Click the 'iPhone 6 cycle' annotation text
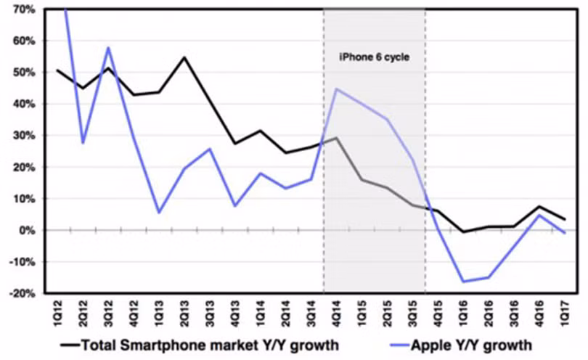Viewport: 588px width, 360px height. pyautogui.click(x=375, y=56)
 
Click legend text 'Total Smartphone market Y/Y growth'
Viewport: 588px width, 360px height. pyautogui.click(x=209, y=343)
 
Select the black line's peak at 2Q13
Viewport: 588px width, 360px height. pyautogui.click(x=184, y=57)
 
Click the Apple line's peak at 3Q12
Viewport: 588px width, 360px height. pyautogui.click(x=108, y=48)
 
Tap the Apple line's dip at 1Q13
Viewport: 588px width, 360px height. pyautogui.click(x=158, y=212)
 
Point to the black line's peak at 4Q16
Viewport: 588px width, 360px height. pyautogui.click(x=538, y=207)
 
